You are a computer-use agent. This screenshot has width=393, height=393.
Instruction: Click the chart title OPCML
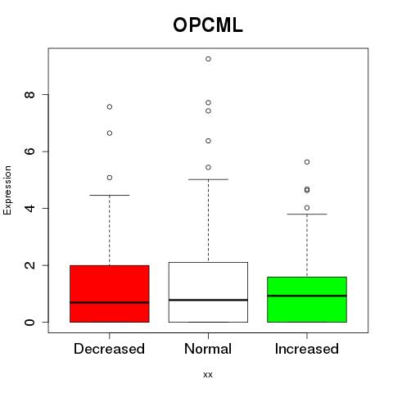pos(208,25)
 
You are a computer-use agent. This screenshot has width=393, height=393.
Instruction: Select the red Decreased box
pos(110,294)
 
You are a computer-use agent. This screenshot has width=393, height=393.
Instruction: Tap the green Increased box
pos(307,300)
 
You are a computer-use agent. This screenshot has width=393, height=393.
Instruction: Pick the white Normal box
pos(208,292)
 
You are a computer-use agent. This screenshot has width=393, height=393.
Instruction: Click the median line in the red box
pos(110,302)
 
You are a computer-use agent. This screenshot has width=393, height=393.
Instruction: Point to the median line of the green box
pos(307,296)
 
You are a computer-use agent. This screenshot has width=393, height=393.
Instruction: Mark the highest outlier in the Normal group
pos(208,59)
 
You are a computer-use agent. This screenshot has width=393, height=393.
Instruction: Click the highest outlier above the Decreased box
pos(110,106)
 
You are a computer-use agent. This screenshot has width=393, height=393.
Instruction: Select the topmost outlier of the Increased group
pos(307,162)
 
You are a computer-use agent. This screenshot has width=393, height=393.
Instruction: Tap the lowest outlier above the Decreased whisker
pos(110,178)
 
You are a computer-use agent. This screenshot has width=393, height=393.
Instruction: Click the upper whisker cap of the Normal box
pos(208,179)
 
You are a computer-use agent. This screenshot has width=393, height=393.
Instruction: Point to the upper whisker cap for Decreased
pos(110,196)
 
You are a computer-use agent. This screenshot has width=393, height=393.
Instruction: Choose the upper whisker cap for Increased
pos(307,215)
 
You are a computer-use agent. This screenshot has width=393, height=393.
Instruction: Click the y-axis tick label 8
pos(29,95)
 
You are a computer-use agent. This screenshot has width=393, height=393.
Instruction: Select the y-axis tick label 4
pos(29,208)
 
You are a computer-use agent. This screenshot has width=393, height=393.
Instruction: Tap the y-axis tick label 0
pos(29,322)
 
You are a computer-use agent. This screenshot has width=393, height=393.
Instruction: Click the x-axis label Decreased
pos(109,349)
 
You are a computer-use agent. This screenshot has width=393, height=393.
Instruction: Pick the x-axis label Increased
pos(307,349)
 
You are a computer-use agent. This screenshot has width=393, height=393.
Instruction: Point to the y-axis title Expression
pos(7,190)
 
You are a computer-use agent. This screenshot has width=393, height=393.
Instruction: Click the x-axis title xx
pos(208,375)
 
